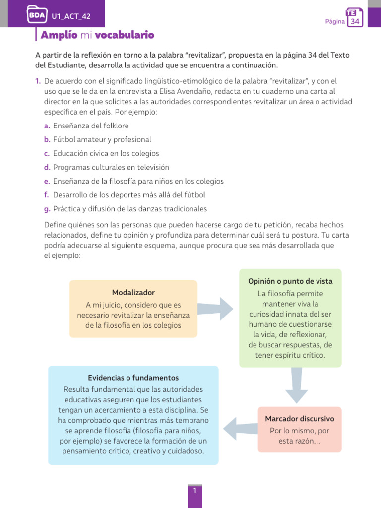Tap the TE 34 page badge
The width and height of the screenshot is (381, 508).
click(355, 18)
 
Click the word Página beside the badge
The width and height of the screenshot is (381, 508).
click(335, 22)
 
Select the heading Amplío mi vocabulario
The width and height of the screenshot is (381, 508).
click(97, 35)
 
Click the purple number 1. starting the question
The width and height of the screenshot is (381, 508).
click(38, 81)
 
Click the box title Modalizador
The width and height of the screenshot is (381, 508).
click(133, 293)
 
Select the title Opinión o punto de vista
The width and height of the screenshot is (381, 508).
click(290, 281)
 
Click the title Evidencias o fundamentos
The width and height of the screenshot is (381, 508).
click(133, 378)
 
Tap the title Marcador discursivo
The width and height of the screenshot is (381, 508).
click(299, 419)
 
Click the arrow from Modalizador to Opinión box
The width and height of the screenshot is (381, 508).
click(218, 309)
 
